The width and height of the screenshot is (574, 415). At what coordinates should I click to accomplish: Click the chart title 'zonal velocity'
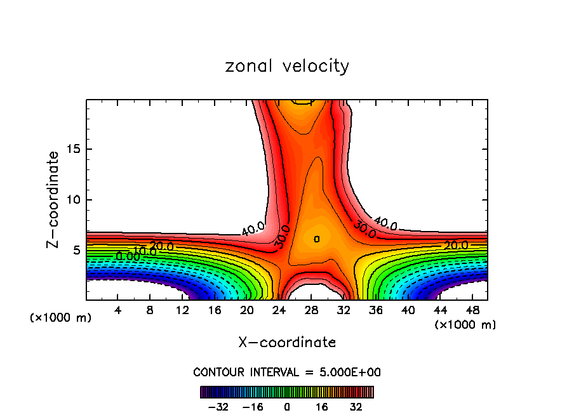(x=287, y=66)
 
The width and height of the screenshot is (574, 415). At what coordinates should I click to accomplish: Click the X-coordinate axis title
(x=287, y=343)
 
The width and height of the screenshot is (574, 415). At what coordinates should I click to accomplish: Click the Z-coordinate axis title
(x=54, y=200)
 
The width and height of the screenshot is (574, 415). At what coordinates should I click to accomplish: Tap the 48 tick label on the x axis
(x=472, y=310)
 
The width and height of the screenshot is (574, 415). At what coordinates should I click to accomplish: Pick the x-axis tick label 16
(x=215, y=310)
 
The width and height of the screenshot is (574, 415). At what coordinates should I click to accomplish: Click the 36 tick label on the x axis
(x=375, y=310)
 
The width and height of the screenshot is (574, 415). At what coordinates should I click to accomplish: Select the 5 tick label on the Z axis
(x=76, y=251)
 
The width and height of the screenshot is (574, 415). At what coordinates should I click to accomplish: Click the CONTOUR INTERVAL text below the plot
(x=287, y=372)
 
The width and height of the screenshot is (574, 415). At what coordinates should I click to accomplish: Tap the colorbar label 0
(x=287, y=407)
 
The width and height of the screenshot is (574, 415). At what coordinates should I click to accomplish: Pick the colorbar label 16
(x=322, y=407)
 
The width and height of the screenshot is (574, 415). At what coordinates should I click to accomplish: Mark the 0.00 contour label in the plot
(x=128, y=256)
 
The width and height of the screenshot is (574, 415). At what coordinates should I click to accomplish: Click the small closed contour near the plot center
(x=316, y=239)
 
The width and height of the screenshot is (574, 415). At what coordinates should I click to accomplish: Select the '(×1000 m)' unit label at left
(x=61, y=318)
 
